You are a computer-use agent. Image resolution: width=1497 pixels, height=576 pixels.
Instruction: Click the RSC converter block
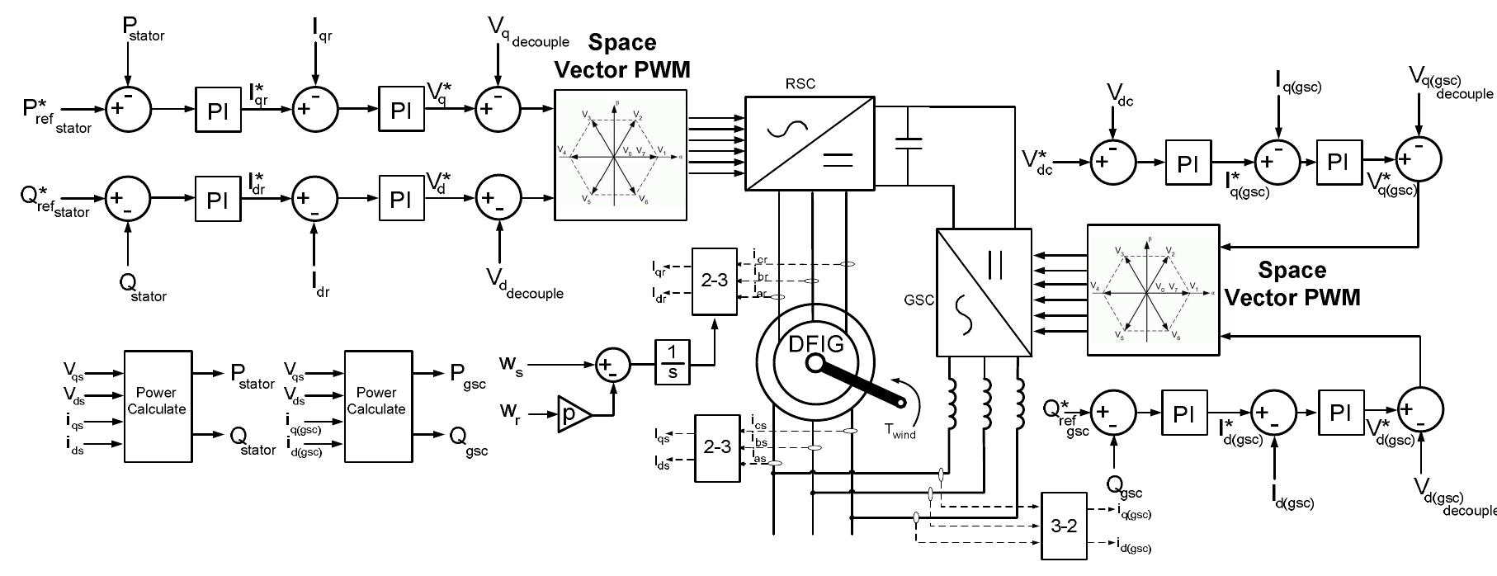810,143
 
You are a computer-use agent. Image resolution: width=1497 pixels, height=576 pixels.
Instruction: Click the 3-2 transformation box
1064,526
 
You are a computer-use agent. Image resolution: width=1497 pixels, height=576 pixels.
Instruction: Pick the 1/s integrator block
672,361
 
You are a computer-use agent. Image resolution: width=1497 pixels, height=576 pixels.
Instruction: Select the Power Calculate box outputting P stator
157,406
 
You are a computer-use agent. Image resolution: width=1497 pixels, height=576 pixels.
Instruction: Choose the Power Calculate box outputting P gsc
377,406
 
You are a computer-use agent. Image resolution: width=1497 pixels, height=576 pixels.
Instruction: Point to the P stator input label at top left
144,29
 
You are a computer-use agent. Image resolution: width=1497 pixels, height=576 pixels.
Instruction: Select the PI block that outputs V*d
401,199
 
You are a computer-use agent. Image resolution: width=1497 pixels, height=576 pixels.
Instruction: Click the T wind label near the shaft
900,430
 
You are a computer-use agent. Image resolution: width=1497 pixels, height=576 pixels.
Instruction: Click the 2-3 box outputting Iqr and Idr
714,281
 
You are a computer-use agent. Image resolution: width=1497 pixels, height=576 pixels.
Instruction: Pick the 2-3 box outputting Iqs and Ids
716,447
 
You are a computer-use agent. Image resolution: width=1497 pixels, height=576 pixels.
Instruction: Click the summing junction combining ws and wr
612,364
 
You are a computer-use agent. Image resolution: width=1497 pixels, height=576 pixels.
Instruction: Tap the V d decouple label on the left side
523,282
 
